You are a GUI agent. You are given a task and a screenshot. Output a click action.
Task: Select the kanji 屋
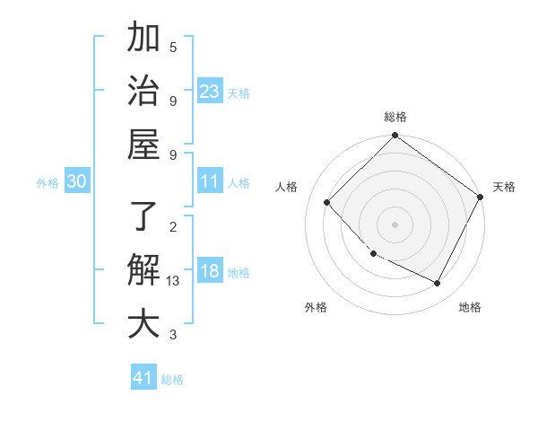[x=143, y=144]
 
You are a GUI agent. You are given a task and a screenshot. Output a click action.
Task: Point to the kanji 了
[x=143, y=217]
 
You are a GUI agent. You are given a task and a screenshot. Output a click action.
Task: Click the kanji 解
[x=143, y=270]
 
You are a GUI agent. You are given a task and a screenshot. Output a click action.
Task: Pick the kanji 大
[x=143, y=323]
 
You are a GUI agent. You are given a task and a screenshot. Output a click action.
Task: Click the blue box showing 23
[x=210, y=91]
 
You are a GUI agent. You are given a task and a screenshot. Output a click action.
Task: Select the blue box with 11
[x=210, y=181]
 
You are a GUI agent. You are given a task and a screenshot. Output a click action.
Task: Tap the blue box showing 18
[x=210, y=271]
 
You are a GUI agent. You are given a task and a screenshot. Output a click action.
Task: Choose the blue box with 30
[x=77, y=181]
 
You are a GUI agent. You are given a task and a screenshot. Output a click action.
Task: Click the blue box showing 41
[x=143, y=378]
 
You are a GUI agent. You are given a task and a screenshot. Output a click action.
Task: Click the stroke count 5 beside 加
[x=173, y=47]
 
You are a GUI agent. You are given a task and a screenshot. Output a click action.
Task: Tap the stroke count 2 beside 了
[x=173, y=226]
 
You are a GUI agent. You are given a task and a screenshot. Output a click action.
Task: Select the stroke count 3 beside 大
[x=173, y=335]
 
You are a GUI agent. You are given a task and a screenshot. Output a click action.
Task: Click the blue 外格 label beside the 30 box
[x=48, y=183]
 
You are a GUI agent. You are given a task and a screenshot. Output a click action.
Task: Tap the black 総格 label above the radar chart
[x=395, y=118]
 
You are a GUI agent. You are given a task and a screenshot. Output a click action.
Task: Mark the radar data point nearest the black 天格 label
[x=480, y=197]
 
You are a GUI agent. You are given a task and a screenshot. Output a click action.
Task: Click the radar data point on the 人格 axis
[x=327, y=203]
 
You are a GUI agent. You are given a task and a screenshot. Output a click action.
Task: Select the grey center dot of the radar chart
[x=395, y=224]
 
